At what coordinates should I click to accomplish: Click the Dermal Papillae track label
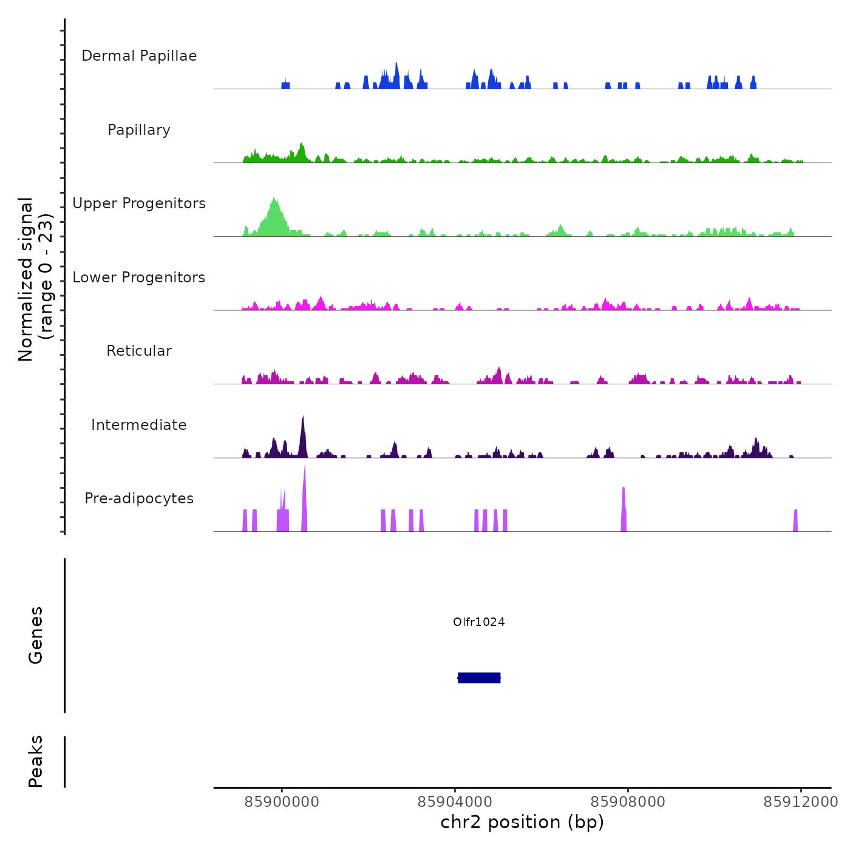coord(139,56)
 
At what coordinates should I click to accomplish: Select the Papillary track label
coord(139,130)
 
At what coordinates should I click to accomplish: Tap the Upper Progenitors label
coord(139,203)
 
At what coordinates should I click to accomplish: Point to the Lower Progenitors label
coord(139,277)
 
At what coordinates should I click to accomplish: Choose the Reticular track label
coord(139,351)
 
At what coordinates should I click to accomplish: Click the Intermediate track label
coord(139,425)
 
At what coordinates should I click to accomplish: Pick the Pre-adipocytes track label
coord(139,498)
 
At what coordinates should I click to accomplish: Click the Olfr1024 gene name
coord(479,622)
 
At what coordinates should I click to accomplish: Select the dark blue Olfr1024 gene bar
coord(479,678)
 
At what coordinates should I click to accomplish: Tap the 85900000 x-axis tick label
coord(282,802)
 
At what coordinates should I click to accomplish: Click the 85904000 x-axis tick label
coord(455,802)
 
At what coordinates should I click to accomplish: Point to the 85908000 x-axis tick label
coord(628,802)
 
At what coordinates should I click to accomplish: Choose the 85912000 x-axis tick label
coord(801,802)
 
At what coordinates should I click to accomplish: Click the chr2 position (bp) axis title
coord(522,822)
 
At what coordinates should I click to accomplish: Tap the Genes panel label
coord(36,635)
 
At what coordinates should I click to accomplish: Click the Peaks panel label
coord(36,761)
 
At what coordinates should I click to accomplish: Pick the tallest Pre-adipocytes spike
coord(305,498)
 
